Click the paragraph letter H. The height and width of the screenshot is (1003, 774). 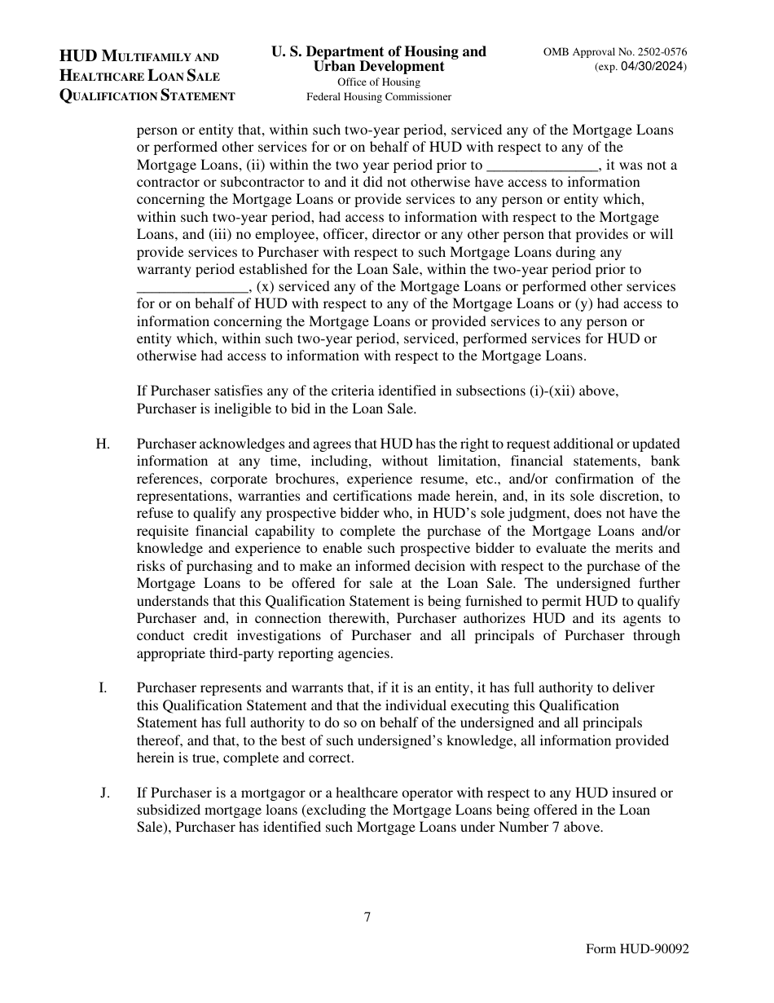coord(102,444)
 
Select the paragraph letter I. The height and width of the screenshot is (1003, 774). coord(103,687)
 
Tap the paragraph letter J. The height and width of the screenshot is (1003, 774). coord(104,793)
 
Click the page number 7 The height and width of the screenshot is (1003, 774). coord(367,917)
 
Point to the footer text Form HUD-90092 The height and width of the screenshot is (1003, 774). coord(637,950)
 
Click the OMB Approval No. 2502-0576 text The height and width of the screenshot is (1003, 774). coord(616,51)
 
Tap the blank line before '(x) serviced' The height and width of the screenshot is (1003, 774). coord(192,287)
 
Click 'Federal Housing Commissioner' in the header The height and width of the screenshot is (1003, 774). coord(379,97)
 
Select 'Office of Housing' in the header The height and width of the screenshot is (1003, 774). coord(379,82)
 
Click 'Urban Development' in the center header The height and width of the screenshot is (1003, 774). coord(379,67)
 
